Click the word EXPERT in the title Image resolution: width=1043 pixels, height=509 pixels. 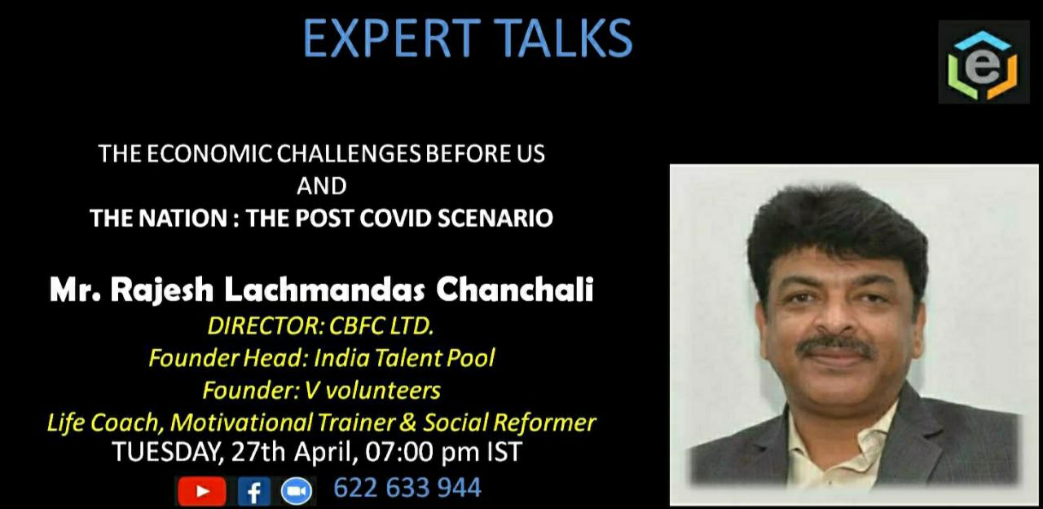click(x=392, y=38)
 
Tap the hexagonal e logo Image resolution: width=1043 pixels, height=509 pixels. click(x=983, y=63)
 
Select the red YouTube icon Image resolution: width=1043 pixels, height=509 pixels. click(x=201, y=491)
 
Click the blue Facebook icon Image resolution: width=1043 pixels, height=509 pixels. click(x=253, y=491)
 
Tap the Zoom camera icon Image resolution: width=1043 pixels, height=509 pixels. click(x=297, y=491)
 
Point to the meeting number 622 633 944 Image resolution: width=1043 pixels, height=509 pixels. click(x=407, y=488)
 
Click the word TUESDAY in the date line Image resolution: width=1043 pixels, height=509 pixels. click(x=165, y=452)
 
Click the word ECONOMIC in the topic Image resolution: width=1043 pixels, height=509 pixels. click(x=209, y=154)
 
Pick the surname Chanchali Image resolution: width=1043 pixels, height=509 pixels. click(x=514, y=290)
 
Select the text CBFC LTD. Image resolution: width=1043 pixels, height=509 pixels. click(x=381, y=325)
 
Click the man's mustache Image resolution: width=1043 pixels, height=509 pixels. click(x=834, y=347)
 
